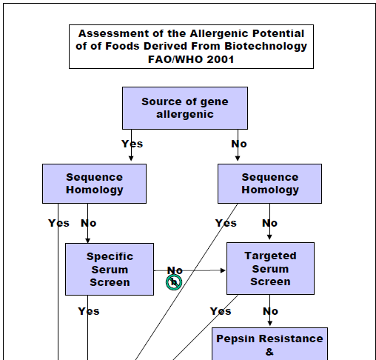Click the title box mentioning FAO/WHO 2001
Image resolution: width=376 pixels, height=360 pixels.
click(x=191, y=47)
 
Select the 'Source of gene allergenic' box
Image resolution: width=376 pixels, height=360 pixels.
click(x=185, y=108)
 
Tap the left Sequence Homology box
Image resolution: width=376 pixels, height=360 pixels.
click(x=94, y=184)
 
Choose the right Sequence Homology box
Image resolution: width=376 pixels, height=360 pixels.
click(x=269, y=184)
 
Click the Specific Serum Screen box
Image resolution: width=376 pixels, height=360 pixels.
click(x=110, y=269)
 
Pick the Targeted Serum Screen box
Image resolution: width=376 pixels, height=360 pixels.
click(x=270, y=268)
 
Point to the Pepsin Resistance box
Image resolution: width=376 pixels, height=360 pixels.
click(x=269, y=344)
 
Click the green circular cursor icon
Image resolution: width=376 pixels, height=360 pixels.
click(x=174, y=282)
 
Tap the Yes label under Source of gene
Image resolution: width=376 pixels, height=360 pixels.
click(x=132, y=144)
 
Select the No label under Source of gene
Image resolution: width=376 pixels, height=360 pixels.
click(x=239, y=144)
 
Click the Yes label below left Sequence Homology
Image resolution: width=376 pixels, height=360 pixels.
click(x=58, y=223)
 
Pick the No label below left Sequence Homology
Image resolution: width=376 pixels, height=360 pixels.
click(x=88, y=223)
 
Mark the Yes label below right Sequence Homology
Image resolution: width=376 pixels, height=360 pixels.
click(x=226, y=223)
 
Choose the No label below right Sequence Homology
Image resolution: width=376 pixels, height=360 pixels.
click(x=269, y=223)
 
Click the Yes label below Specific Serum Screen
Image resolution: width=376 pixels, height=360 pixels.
click(x=89, y=311)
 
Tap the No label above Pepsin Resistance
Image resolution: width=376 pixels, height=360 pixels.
click(x=270, y=311)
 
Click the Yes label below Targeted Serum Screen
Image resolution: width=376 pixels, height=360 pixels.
click(x=221, y=311)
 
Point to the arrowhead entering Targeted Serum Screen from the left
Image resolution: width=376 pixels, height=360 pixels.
click(x=223, y=270)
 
